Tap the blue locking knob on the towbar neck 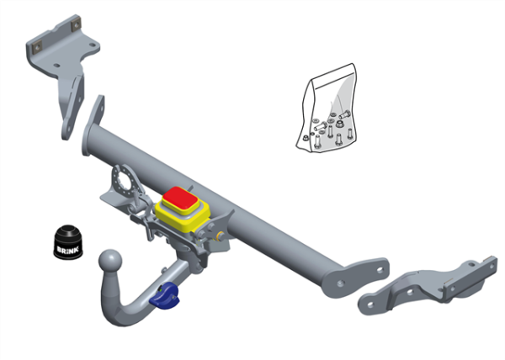pos(164,296)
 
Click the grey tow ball pos(110,262)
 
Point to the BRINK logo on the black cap pos(67,249)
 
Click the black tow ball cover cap pos(68,242)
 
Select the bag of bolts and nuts pos(327,109)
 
